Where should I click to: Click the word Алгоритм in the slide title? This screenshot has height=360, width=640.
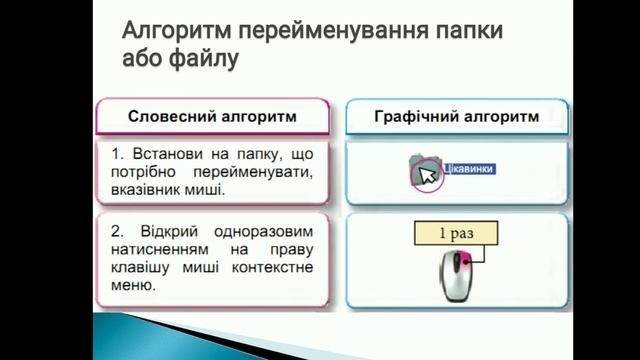pyautogui.click(x=162, y=29)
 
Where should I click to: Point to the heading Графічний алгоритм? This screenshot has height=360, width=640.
pyautogui.click(x=456, y=117)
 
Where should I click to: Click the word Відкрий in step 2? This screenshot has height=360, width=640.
pyautogui.click(x=163, y=231)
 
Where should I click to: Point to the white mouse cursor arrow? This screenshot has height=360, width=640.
pyautogui.click(x=427, y=176)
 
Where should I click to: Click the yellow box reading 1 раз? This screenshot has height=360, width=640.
pyautogui.click(x=456, y=234)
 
